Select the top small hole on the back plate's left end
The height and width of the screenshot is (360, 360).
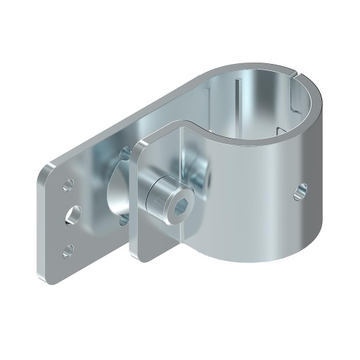tap(69, 186)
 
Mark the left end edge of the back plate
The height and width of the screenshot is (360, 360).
tap(41, 225)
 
